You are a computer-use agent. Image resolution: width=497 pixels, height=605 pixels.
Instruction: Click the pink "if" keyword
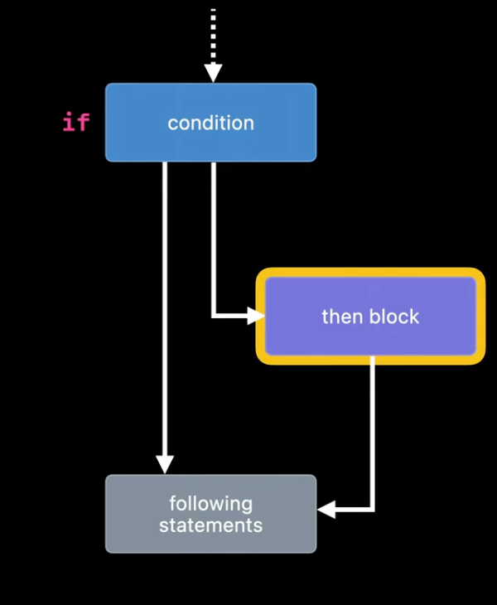coord(76,123)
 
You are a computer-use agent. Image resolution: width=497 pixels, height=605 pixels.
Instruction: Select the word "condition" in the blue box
coord(210,123)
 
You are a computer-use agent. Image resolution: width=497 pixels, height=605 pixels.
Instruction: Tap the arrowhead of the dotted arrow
coord(213,74)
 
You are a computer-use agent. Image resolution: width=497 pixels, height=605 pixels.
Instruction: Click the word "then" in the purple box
coord(341,317)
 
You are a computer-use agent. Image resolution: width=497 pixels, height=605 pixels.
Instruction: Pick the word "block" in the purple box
coord(393,317)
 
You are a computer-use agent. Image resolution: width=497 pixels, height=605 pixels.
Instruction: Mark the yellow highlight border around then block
coord(369,273)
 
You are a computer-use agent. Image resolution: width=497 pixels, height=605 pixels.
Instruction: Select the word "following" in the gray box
coord(210,503)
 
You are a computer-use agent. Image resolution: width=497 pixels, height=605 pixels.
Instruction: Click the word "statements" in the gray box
coord(210,525)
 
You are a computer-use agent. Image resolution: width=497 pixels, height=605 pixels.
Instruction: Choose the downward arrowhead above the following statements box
coord(165,464)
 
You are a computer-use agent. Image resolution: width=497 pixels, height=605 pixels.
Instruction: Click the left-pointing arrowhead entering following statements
coord(327,509)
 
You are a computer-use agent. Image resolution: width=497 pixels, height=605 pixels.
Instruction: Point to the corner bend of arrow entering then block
coord(214,315)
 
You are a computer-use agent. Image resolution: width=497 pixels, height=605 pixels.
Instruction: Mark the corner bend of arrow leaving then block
coord(372,509)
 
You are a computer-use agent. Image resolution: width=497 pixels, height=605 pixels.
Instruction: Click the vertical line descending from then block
coord(372,431)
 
